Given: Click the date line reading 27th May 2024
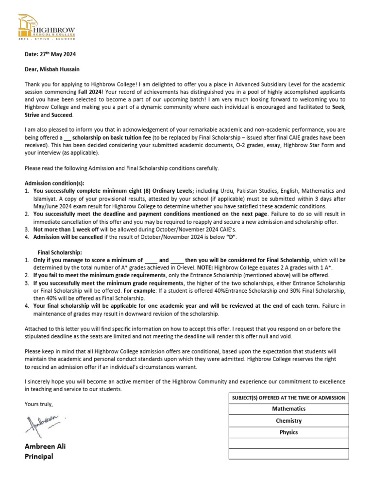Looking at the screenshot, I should coord(50,55).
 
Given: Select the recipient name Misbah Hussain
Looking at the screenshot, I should coord(53,69).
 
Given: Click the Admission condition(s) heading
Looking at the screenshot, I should coord(54,183).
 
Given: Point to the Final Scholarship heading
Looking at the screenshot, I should coord(60,252).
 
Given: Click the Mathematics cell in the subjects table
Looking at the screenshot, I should coord(288,409).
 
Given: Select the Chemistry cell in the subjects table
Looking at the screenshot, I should coord(288,420).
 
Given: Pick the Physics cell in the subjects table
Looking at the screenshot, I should coord(288,432).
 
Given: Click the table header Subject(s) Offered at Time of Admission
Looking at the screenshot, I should coord(288,398).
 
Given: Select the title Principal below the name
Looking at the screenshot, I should coord(39,456).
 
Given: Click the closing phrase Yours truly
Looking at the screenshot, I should coord(39,404).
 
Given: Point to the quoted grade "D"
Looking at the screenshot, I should coord(232,237).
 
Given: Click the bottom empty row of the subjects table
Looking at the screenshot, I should coord(288,454).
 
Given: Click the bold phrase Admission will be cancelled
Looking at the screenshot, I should coord(68,237).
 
